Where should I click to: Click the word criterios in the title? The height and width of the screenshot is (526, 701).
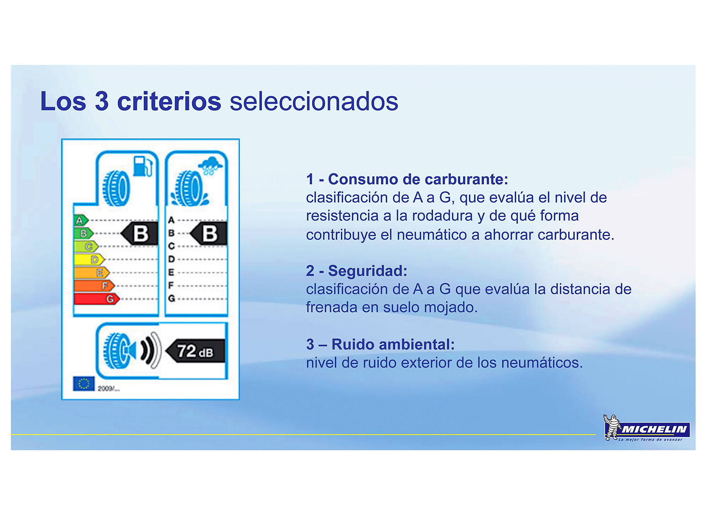(x=169, y=101)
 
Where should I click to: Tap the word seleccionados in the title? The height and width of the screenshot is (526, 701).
(x=314, y=101)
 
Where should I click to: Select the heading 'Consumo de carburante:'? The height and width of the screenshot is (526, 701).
(x=418, y=179)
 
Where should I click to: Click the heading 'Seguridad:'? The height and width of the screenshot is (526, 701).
(x=368, y=271)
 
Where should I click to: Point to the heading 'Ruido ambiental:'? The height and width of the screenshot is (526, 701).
(x=393, y=344)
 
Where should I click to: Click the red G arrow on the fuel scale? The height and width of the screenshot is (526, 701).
(x=97, y=299)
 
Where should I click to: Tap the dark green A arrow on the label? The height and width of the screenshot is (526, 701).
(x=81, y=220)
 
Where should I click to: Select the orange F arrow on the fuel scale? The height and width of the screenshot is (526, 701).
(x=94, y=286)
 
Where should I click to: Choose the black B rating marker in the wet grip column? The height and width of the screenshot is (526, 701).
(x=209, y=234)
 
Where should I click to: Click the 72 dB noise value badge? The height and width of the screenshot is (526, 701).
(x=195, y=351)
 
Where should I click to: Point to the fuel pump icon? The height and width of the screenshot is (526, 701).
(x=142, y=166)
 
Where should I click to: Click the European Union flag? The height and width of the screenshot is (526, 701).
(x=84, y=384)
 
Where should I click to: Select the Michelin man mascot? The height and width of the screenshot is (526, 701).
(x=612, y=427)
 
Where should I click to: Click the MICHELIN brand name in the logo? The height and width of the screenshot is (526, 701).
(x=654, y=429)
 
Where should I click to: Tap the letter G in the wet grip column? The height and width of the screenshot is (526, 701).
(x=171, y=299)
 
